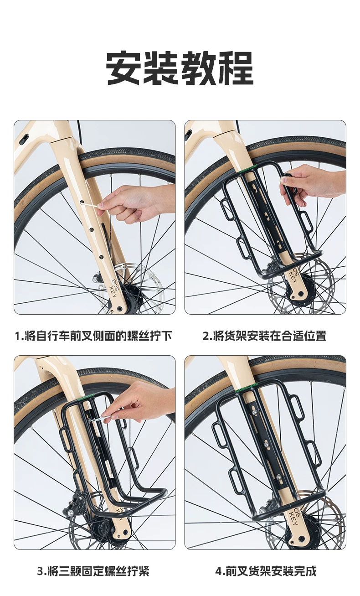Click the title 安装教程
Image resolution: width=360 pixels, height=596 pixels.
point(180,68)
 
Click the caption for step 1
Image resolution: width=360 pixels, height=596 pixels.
point(93,336)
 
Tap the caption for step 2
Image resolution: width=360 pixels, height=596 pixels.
point(265,336)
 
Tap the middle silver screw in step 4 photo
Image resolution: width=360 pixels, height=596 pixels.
point(267,444)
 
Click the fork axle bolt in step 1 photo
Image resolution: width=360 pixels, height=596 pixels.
point(120,309)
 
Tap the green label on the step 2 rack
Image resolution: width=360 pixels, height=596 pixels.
point(248,169)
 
